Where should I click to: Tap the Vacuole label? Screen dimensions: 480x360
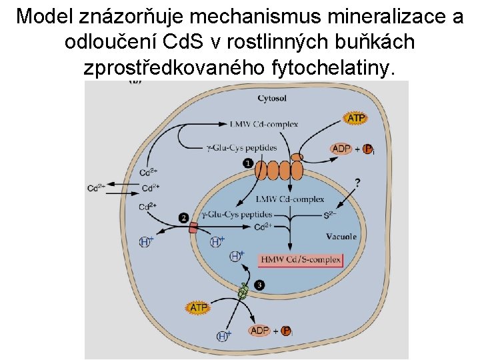(341, 236)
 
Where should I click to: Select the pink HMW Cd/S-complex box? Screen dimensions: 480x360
(301, 259)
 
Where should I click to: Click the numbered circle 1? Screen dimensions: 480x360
(248, 163)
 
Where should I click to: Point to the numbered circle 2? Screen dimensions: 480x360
(184, 217)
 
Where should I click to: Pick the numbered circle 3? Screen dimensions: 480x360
(259, 285)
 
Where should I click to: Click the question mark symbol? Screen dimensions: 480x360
(358, 181)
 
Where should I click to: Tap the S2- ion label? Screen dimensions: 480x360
(330, 215)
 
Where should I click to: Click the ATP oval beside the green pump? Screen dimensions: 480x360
(199, 308)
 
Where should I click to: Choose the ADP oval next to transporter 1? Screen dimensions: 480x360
(341, 148)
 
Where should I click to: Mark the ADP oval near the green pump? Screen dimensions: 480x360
(259, 331)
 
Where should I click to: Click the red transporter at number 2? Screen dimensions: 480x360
(193, 228)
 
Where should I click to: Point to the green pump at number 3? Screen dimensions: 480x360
(243, 291)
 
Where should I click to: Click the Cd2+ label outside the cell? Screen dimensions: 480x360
(95, 188)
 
